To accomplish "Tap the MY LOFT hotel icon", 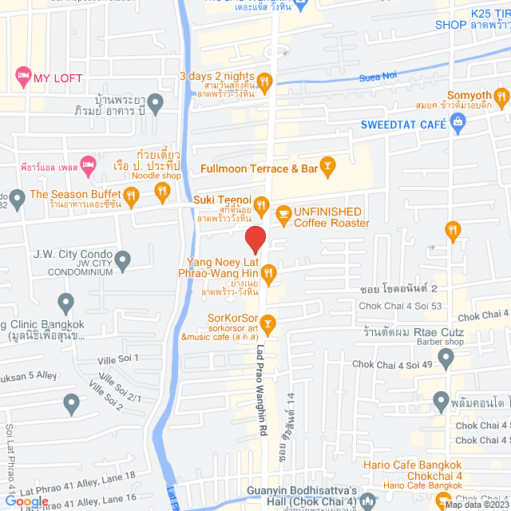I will [22, 77].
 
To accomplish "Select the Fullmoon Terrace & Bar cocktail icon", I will [327, 165].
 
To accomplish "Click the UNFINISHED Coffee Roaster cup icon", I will [283, 213].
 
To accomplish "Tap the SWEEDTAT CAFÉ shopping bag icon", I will [458, 121].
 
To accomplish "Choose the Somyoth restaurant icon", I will [501, 99].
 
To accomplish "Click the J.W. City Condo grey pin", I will [122, 259].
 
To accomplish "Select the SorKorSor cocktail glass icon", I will [268, 323].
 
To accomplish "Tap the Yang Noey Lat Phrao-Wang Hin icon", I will [269, 274].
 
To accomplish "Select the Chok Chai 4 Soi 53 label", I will [400, 305].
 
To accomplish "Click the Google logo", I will [26, 502].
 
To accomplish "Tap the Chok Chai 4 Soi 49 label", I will [391, 364].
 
